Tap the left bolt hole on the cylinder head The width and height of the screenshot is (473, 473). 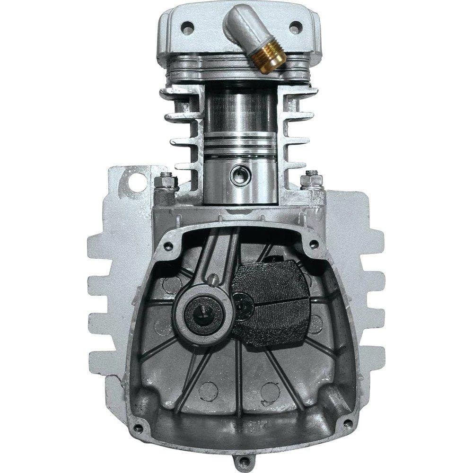click(x=188, y=28)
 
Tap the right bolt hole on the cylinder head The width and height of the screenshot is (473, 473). click(x=295, y=27)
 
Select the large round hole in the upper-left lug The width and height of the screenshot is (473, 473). click(x=138, y=183)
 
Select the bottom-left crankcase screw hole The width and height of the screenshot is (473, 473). click(x=138, y=429)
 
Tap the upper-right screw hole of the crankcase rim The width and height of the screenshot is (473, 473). click(x=313, y=245)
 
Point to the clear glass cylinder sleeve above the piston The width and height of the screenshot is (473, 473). click(x=242, y=109)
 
